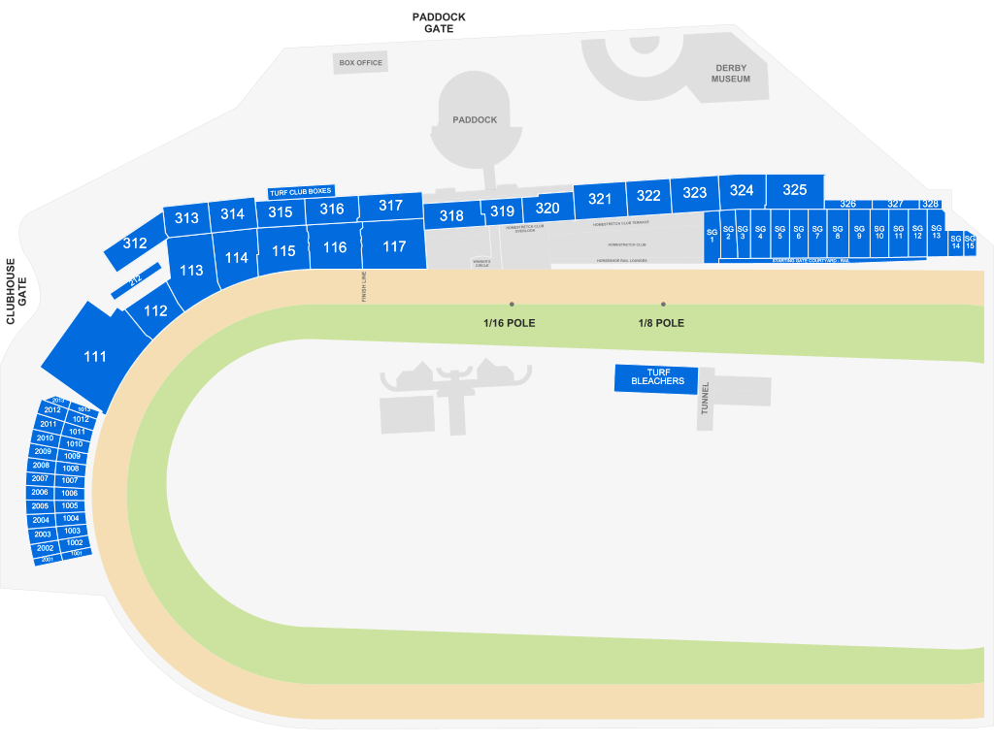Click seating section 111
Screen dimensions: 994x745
click(x=94, y=356)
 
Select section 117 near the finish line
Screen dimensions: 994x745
click(x=394, y=246)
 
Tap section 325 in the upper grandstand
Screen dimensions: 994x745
click(x=794, y=190)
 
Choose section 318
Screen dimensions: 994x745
click(x=451, y=216)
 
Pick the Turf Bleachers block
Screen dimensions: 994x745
click(x=657, y=377)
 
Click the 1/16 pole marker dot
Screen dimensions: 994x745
click(x=512, y=305)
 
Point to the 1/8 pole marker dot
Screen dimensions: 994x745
click(x=663, y=305)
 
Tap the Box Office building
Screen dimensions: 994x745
click(x=360, y=63)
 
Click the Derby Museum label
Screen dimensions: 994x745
click(x=730, y=74)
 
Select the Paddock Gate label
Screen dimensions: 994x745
click(x=439, y=23)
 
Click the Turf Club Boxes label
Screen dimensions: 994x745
click(x=301, y=192)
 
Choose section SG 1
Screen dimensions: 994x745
click(x=712, y=236)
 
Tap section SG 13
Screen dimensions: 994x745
click(x=936, y=233)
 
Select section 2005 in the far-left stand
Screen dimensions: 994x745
click(x=40, y=506)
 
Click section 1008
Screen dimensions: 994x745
click(x=70, y=469)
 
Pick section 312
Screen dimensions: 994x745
click(x=135, y=243)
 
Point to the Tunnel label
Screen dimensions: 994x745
click(x=706, y=399)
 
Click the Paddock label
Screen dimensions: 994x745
click(x=475, y=120)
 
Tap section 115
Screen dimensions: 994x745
click(x=283, y=251)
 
